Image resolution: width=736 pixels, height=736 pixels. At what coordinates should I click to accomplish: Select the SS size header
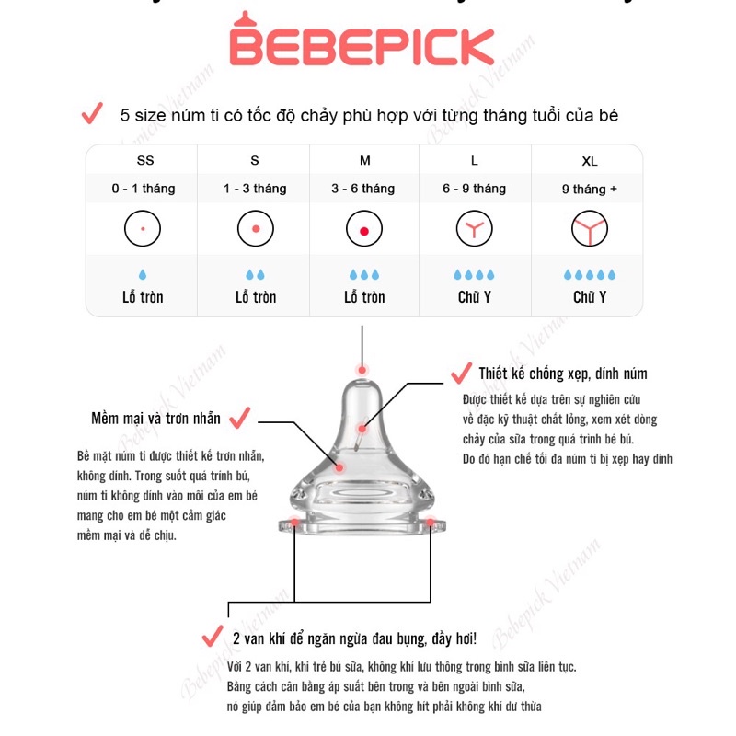click(145, 161)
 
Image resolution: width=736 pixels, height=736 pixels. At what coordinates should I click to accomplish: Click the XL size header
click(590, 161)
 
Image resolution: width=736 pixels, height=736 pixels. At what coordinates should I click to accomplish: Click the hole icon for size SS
click(143, 227)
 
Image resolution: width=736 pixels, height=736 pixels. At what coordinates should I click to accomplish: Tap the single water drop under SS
click(143, 274)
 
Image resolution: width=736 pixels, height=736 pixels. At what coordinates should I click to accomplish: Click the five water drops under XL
click(590, 274)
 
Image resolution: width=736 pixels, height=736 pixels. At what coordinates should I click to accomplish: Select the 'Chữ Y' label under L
click(475, 297)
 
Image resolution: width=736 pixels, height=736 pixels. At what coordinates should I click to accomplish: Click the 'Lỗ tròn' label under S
click(255, 297)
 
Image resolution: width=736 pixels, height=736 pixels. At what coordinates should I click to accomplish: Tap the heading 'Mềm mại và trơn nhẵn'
click(156, 419)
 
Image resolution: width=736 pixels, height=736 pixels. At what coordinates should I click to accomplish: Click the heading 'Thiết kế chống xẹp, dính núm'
click(563, 374)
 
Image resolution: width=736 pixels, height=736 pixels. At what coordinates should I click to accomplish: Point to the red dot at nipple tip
click(363, 371)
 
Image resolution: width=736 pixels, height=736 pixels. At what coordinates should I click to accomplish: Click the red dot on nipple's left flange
click(294, 523)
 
